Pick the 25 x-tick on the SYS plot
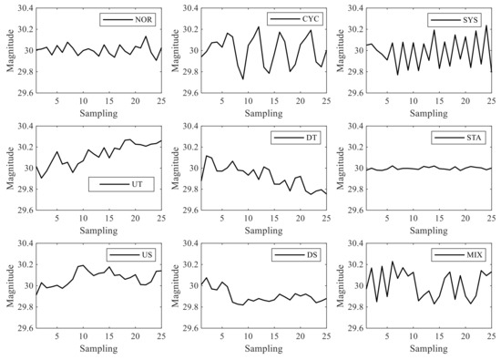coord(491,100)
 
